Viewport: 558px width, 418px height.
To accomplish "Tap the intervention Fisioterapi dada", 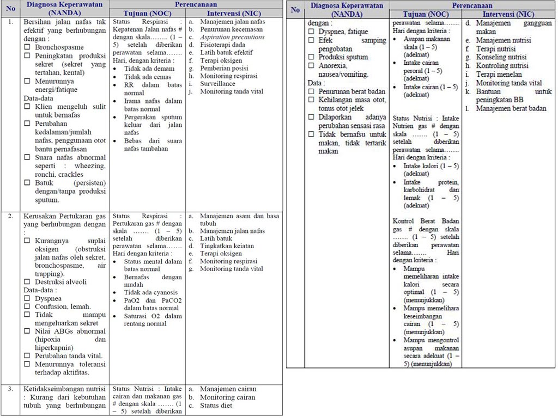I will click(x=222, y=45).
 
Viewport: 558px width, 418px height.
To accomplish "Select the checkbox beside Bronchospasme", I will click(x=27, y=47).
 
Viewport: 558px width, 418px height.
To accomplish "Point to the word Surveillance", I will click(x=217, y=84).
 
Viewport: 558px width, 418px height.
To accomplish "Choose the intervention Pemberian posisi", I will click(x=224, y=68).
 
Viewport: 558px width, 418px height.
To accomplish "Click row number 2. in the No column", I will click(x=10, y=216).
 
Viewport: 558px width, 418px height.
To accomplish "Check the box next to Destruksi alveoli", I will click(x=27, y=282).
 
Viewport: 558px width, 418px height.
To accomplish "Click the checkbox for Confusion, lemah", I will click(x=27, y=306).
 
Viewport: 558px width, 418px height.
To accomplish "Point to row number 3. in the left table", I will click(x=10, y=389).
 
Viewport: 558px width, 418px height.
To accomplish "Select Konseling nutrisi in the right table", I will click(x=501, y=57).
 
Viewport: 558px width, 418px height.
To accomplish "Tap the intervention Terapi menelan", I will click(x=499, y=75).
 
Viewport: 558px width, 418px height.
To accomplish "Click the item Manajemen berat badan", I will click(x=511, y=108).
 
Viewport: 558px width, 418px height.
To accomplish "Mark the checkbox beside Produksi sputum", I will click(x=311, y=57).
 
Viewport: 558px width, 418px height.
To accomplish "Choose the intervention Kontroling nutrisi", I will click(x=502, y=66).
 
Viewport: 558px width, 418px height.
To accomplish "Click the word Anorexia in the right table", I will click(x=333, y=66).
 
